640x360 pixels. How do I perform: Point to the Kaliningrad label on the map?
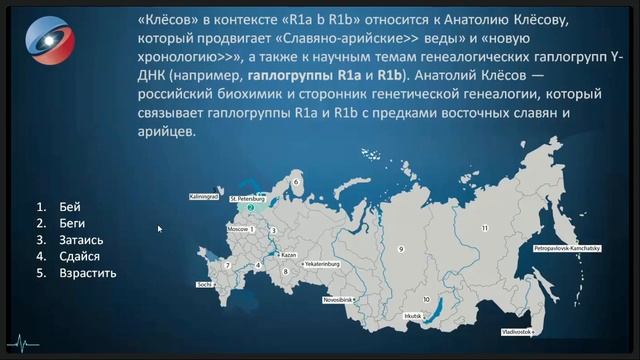[x=203, y=197]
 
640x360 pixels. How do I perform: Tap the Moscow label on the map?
[x=239, y=229]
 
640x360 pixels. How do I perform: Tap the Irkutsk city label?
[x=411, y=317]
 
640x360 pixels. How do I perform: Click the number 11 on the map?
[x=484, y=228]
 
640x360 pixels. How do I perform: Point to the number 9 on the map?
[x=400, y=247]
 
